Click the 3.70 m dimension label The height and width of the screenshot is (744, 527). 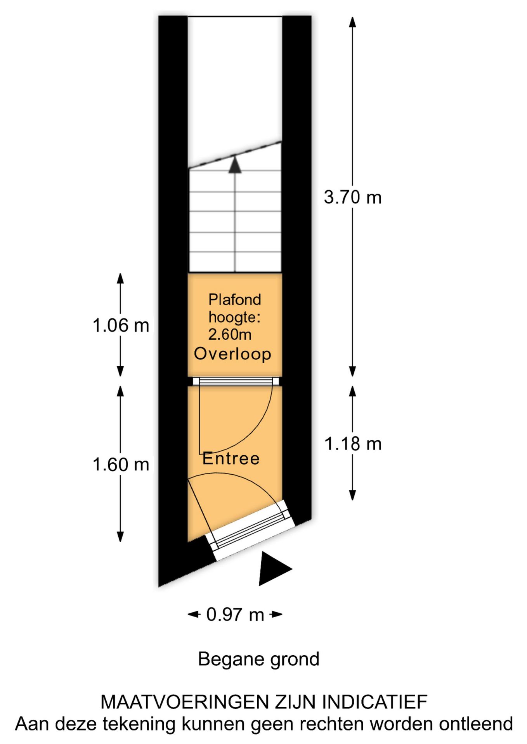point(352,198)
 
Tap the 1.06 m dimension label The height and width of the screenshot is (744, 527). point(121,325)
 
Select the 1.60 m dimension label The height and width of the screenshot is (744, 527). point(121,464)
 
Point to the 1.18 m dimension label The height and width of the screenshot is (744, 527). point(353,444)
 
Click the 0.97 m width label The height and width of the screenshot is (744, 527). point(235,615)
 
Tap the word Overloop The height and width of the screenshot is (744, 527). point(232,354)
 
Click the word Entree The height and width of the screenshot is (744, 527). point(231,458)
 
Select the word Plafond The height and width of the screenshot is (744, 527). point(235,300)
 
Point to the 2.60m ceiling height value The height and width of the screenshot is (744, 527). point(230,334)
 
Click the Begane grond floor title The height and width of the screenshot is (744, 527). point(258,659)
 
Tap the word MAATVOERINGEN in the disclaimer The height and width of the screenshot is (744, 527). point(185,702)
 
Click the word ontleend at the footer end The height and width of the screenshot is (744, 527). point(476,724)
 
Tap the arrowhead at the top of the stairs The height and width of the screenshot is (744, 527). point(235,164)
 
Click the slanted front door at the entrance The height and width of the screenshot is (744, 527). point(250,530)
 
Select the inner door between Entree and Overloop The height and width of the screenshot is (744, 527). point(236,381)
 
